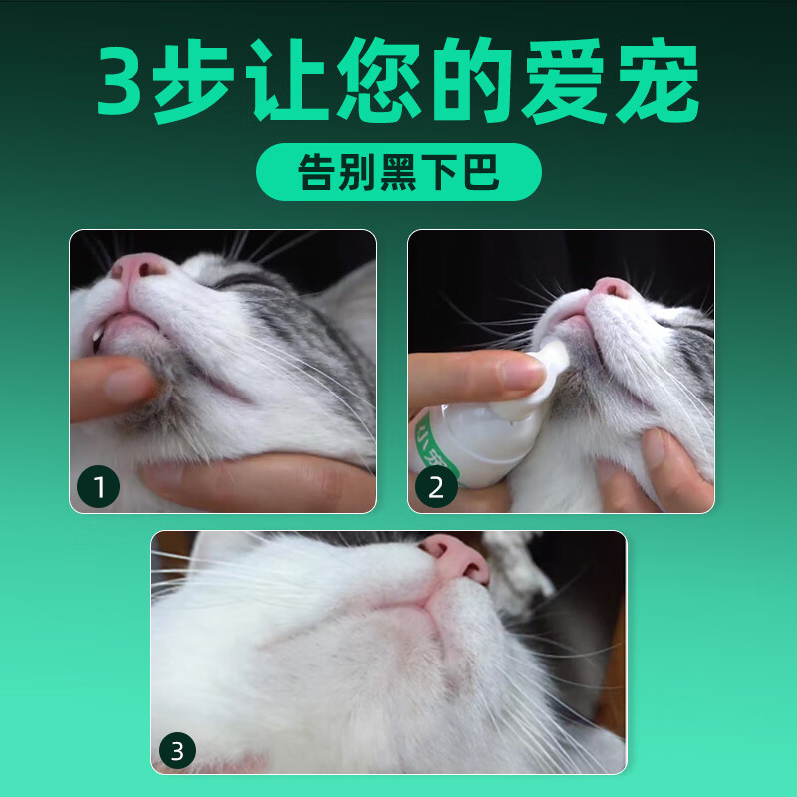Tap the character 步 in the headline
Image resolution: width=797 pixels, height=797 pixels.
pos(212,83)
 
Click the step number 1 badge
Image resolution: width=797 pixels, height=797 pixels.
pos(99,487)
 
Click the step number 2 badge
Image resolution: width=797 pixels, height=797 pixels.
pos(436,487)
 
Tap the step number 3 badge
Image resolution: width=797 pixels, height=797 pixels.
pos(178,750)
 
